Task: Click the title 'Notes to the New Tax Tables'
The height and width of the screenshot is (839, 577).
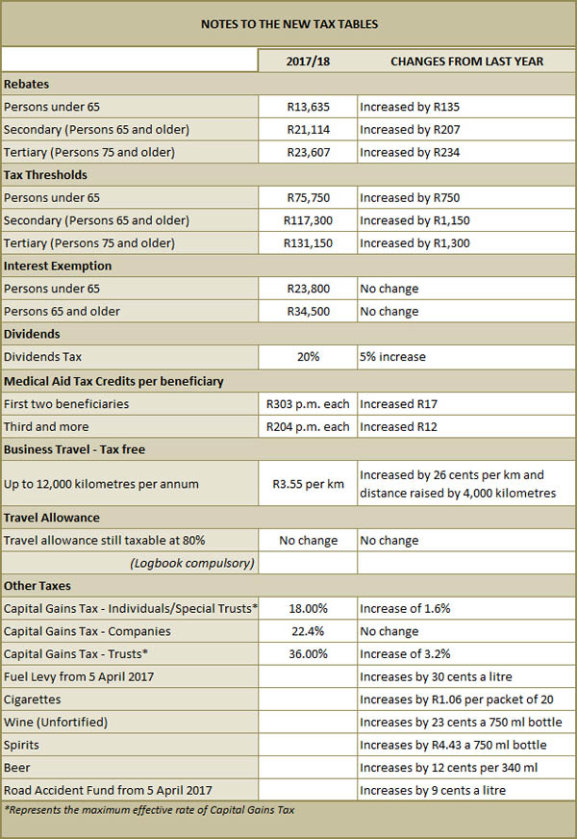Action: click(289, 24)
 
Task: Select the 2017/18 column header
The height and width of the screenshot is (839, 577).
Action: click(308, 62)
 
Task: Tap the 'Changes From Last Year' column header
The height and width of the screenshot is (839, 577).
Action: click(466, 62)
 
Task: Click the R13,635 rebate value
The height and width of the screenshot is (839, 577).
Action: click(308, 107)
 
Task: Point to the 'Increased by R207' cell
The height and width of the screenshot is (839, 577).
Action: click(410, 130)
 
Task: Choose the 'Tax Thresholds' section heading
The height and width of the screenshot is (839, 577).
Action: click(45, 175)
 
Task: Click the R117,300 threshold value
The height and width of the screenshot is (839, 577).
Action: click(308, 220)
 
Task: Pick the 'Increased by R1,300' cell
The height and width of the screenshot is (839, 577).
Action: click(415, 243)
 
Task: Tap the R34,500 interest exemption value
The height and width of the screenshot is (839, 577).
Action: click(308, 312)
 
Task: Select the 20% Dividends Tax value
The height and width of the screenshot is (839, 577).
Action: click(308, 357)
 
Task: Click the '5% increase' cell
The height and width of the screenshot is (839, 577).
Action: click(393, 357)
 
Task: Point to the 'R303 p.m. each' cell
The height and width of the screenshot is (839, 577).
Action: click(308, 404)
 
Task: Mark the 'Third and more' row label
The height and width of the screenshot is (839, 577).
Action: click(46, 427)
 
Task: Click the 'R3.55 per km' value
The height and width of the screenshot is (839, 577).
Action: click(308, 484)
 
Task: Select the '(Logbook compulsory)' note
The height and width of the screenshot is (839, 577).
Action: click(192, 564)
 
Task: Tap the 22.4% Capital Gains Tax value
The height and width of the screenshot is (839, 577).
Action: click(308, 631)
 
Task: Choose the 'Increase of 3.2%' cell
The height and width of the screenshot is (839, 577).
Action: click(405, 654)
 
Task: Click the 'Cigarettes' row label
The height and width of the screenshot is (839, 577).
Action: click(32, 699)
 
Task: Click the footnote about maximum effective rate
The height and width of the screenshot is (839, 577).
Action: click(149, 810)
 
